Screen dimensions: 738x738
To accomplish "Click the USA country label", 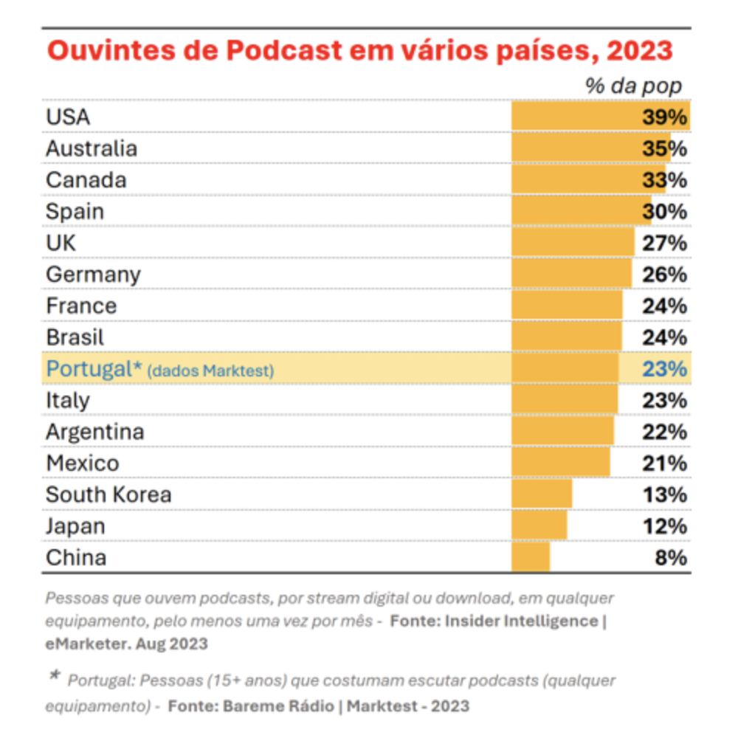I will click(x=68, y=117).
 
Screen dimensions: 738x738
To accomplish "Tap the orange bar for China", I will click(x=531, y=557).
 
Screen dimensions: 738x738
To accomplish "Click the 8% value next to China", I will click(x=671, y=557).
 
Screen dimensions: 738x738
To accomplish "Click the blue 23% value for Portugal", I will click(x=664, y=369).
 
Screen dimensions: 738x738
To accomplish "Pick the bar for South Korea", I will click(x=542, y=494).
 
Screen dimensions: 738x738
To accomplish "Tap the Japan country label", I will click(x=75, y=526).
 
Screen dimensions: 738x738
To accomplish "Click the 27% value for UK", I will click(x=664, y=243).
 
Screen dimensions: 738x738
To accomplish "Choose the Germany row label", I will click(x=93, y=275).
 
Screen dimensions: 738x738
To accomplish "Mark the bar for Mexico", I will click(x=561, y=463).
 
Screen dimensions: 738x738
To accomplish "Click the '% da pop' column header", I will click(x=633, y=86).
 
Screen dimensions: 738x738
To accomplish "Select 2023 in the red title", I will click(x=639, y=51).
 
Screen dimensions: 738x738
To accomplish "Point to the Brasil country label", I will click(x=75, y=337).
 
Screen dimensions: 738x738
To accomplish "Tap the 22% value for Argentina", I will click(x=664, y=432).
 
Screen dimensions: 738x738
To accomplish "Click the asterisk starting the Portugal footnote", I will click(x=55, y=677).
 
